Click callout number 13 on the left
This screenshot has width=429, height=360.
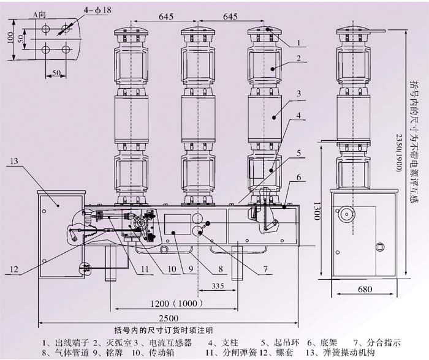coord(14,162)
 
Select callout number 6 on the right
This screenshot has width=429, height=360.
coord(297,177)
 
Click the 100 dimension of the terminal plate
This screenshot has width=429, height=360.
coord(9,37)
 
